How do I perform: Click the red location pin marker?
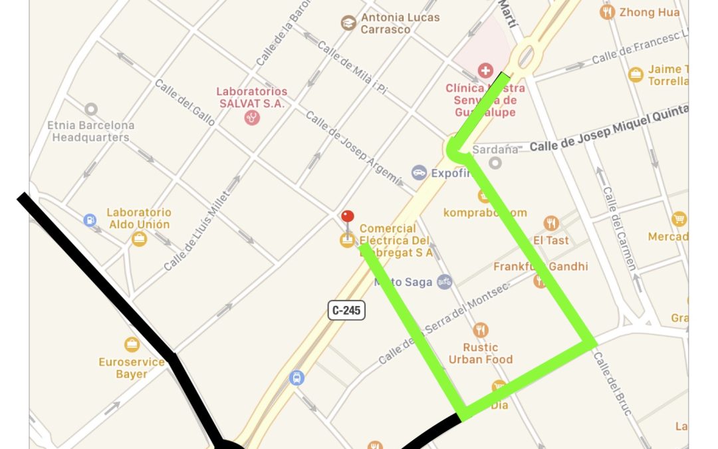[347, 217]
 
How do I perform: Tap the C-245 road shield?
[346, 310]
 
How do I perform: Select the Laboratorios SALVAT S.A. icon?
[252, 118]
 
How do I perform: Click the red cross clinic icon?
[485, 71]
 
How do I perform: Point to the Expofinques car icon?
[418, 173]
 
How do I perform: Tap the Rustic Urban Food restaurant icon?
[481, 330]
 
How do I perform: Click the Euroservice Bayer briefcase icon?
[132, 345]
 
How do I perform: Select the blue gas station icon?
[90, 220]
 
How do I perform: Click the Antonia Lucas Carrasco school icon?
[348, 23]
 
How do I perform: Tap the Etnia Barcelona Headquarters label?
[90, 131]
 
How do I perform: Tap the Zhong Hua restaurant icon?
[606, 12]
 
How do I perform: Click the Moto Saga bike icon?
[444, 282]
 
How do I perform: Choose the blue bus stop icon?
[297, 378]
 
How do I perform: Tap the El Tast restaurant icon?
[550, 223]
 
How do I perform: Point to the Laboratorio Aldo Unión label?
[139, 218]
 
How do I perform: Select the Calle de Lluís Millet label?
[200, 230]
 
